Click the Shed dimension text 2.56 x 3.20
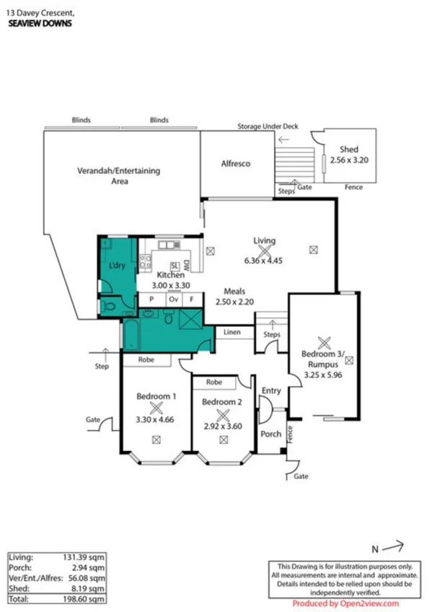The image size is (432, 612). tap(349, 160)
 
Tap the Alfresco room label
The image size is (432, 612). tap(235, 164)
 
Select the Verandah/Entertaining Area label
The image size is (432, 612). tap(118, 176)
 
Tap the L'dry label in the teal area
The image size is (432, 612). tap(117, 266)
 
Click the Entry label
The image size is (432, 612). tap(271, 390)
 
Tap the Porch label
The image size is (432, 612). tap(270, 434)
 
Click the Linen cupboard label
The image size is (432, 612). tap(232, 332)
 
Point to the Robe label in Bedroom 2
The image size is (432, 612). tap(213, 382)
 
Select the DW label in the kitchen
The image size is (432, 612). tap(186, 264)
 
